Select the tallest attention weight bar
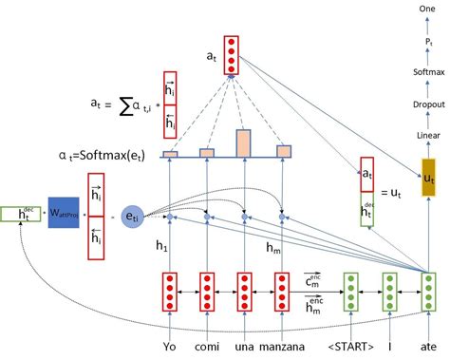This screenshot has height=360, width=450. [244, 142]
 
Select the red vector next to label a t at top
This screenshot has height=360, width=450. [231, 56]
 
